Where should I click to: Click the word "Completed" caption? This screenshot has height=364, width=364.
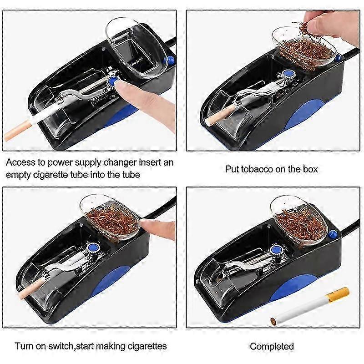tap(272, 346)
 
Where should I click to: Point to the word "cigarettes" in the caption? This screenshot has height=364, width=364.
tap(147, 346)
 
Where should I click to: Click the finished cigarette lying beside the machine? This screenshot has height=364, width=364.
tap(310, 305)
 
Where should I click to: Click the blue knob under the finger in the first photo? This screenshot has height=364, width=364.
tap(113, 81)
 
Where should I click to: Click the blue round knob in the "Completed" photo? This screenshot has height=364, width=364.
tap(276, 250)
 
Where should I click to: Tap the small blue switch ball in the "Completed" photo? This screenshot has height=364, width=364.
tap(334, 234)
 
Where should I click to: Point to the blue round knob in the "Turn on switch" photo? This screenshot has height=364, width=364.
tap(93, 247)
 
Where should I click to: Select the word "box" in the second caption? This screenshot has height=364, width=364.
tap(310, 169)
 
